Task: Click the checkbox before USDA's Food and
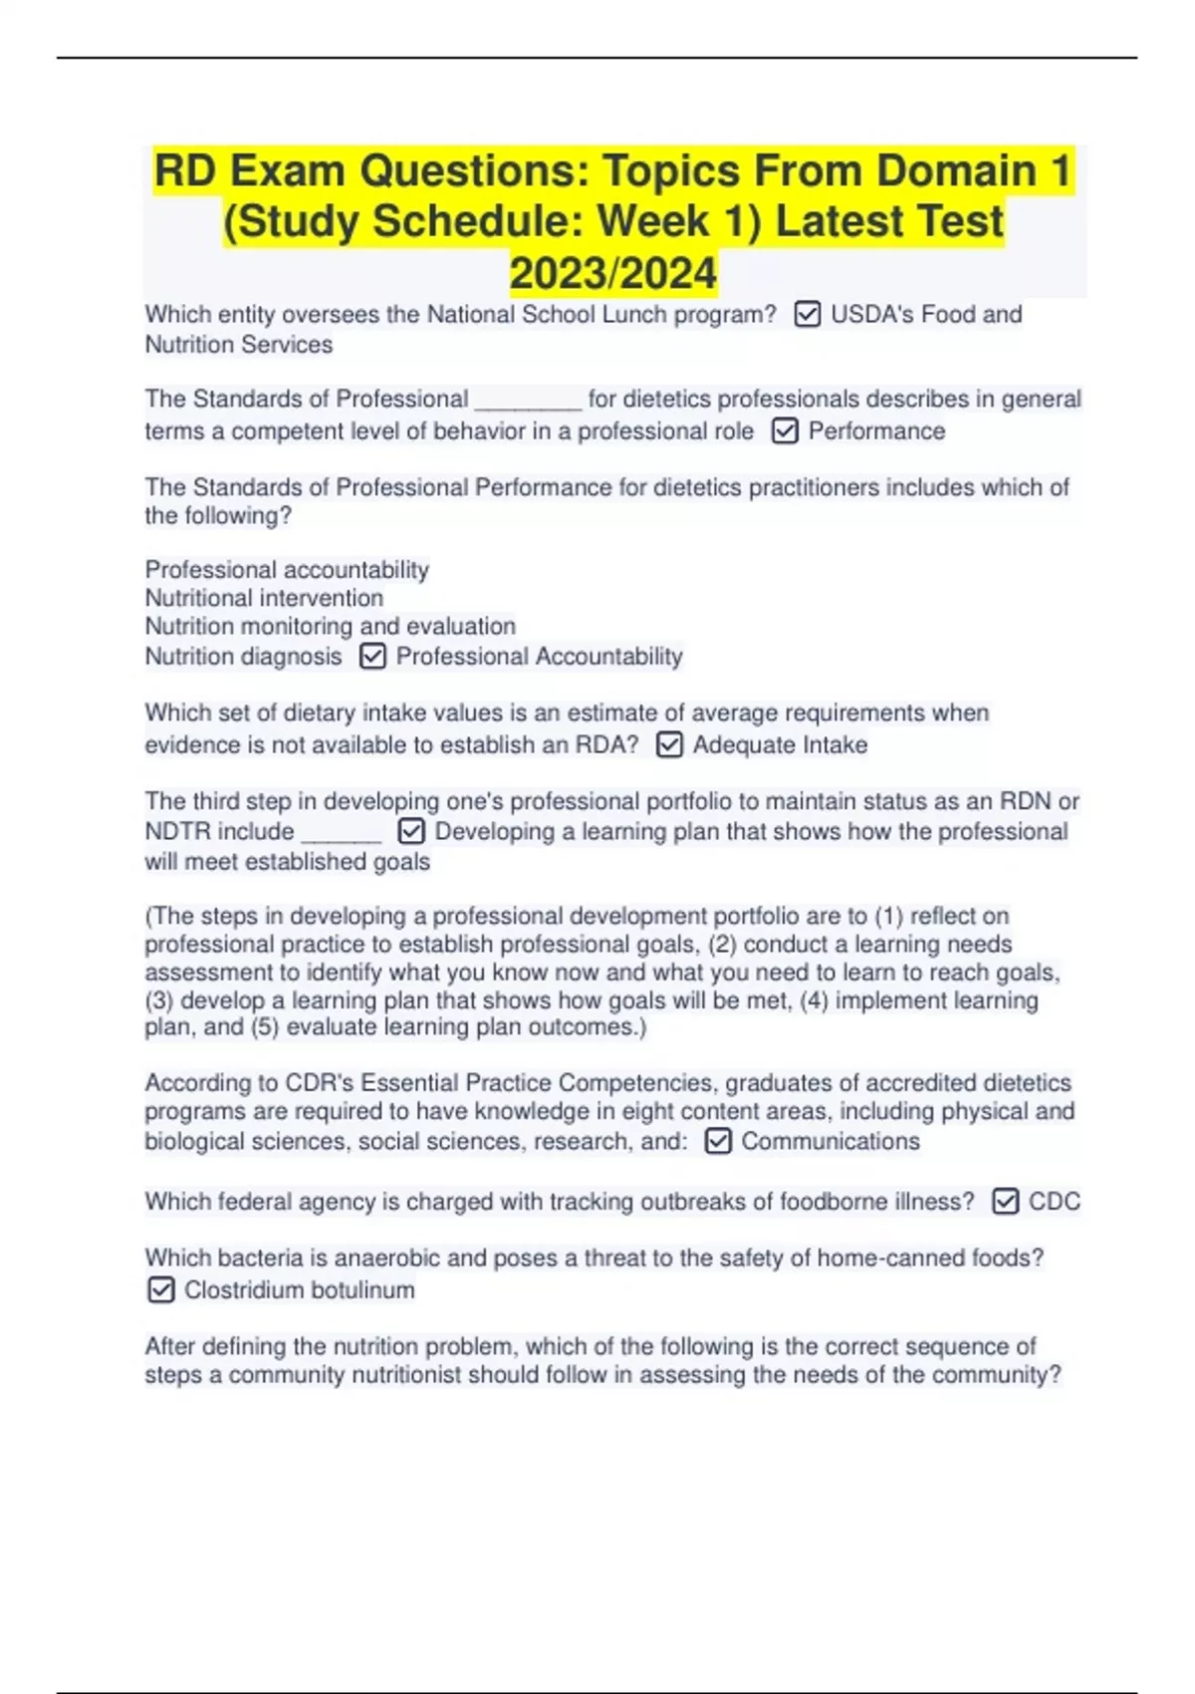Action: pos(807,315)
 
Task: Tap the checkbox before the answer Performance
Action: pos(785,431)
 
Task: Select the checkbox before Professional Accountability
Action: pos(372,657)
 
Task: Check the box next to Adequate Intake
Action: pos(669,745)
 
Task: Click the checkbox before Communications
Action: pos(717,1141)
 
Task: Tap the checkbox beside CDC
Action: pos(1005,1202)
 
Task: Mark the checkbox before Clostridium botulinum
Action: pos(160,1290)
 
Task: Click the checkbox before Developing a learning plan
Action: pos(410,832)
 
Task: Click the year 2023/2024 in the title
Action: pos(612,273)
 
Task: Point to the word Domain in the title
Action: pos(956,170)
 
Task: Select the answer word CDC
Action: pos(1054,1202)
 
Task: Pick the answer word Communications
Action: pos(831,1141)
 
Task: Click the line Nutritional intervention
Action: pos(264,598)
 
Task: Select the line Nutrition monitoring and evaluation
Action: pos(330,627)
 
